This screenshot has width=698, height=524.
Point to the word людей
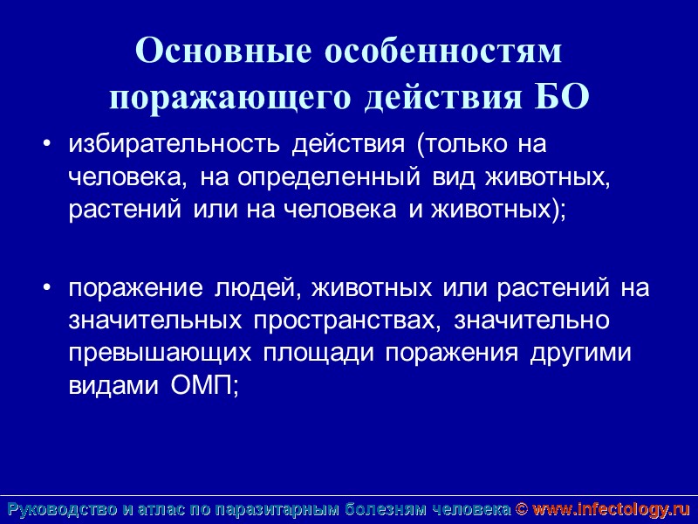tap(262, 287)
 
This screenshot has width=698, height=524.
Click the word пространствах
tap(345, 321)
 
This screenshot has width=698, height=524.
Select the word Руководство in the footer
tap(61, 509)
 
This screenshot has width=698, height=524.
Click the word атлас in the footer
tap(165, 509)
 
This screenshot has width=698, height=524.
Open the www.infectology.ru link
tap(611, 509)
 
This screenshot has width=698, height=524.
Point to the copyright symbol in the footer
tap(521, 509)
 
